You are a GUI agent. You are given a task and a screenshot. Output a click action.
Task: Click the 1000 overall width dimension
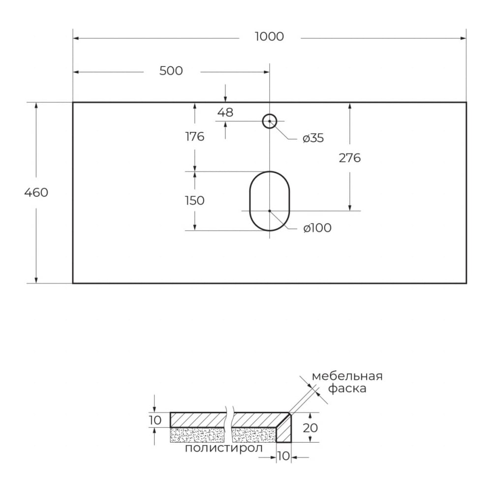(x=269, y=37)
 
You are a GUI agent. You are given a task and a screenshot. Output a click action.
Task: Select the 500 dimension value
(x=171, y=71)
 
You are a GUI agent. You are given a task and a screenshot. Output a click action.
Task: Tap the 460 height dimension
(x=36, y=192)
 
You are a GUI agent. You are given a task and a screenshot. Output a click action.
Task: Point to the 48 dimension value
(x=225, y=112)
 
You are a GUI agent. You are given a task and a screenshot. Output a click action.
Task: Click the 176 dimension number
(x=195, y=137)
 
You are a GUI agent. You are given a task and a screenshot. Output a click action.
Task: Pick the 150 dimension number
(x=195, y=201)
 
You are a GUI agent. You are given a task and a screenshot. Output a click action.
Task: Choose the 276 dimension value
(x=350, y=158)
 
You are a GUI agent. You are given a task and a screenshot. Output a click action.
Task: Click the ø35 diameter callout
(x=313, y=138)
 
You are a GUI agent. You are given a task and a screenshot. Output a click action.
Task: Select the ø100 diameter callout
(x=317, y=228)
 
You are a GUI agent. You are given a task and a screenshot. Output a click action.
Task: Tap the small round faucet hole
(x=270, y=121)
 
